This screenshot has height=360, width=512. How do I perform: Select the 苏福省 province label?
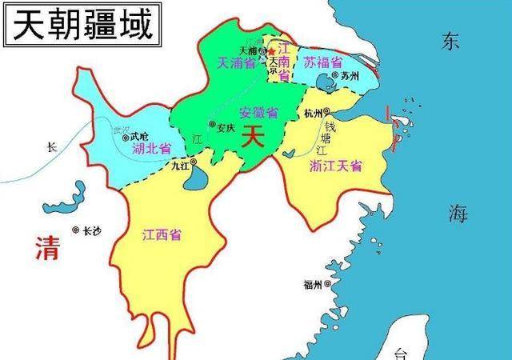point(323,62)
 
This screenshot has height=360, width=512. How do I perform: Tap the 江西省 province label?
point(161,236)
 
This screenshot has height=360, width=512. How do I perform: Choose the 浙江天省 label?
point(335,166)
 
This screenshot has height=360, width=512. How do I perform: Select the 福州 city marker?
point(326,285)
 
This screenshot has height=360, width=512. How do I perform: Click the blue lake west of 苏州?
point(325,82)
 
